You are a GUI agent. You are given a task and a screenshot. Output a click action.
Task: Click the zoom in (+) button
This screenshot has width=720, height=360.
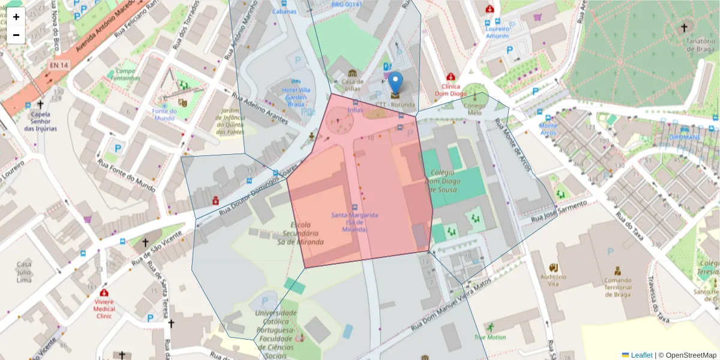(x=16, y=17)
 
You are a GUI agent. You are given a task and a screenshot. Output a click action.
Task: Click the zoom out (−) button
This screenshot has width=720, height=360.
(x=16, y=35)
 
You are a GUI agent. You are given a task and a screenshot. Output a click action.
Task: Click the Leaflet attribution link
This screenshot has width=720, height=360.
(x=641, y=355)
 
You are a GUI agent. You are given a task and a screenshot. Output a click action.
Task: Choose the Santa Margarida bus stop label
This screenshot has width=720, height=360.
(x=355, y=222)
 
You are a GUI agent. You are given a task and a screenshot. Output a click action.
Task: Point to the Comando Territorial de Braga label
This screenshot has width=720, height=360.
(x=617, y=287)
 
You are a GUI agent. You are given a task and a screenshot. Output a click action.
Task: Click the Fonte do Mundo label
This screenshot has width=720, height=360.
(x=164, y=114)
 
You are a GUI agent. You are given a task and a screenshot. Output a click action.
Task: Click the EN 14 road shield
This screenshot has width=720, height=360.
(x=58, y=64)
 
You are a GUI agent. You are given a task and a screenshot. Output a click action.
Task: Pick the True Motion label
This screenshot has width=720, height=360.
(x=490, y=337)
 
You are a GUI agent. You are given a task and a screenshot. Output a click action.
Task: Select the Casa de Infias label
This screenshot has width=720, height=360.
(x=352, y=85)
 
